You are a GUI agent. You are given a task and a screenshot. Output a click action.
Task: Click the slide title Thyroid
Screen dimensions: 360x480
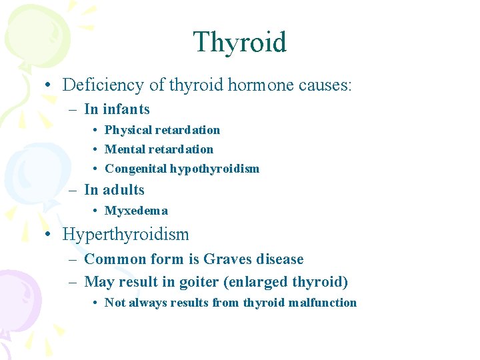tap(239, 42)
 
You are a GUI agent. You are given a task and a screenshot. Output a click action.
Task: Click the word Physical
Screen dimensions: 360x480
tap(127, 130)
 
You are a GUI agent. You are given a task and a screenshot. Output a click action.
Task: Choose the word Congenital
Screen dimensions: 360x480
tap(135, 169)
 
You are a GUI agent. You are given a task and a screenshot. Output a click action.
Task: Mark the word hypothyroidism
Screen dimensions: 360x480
tap(214, 169)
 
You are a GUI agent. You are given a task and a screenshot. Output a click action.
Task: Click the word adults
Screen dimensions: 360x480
tap(123, 190)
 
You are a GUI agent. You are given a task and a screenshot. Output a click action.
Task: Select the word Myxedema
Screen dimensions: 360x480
tap(136, 211)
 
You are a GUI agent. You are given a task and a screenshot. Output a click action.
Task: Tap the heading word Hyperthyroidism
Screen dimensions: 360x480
tap(125, 235)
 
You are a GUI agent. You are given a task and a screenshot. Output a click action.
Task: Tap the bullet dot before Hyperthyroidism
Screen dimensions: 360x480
tap(50, 235)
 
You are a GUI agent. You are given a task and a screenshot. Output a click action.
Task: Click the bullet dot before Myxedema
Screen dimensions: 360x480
tap(97, 211)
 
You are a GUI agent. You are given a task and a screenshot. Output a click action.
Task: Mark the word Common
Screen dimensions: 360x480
tap(110, 259)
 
